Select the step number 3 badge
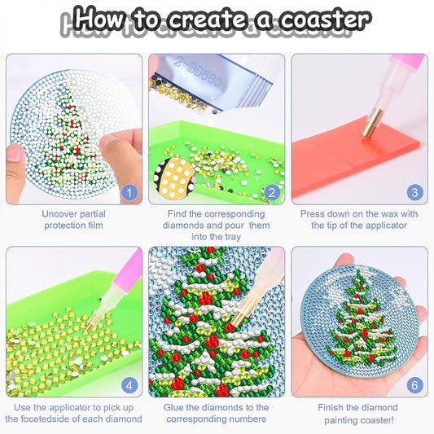coord(414,193)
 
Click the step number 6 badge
coord(414,386)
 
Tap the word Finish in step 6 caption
coord(335,407)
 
